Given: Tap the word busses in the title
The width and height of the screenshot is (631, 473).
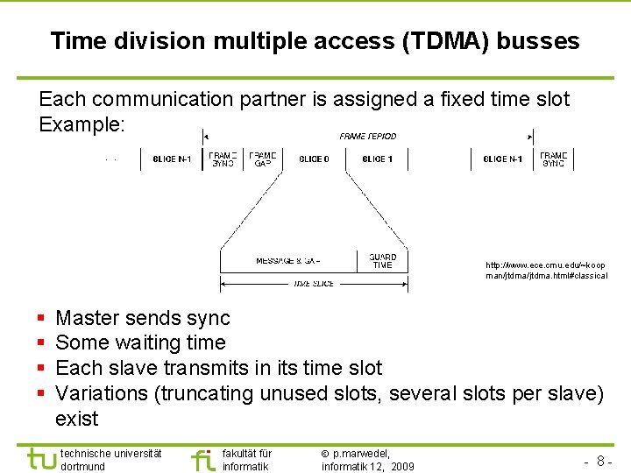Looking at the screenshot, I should coord(539,41).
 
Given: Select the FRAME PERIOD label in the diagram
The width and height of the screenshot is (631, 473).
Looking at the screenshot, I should coord(368,137).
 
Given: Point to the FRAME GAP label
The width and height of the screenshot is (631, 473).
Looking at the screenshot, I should coord(262,159).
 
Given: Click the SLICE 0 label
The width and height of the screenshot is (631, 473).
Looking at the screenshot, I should coord(314,159).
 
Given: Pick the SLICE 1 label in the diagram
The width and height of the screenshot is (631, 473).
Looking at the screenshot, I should coord(376,159).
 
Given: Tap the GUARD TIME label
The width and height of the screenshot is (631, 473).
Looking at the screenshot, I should coord(382,261).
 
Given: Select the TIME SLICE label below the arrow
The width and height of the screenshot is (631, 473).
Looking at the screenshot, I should coord(314,284).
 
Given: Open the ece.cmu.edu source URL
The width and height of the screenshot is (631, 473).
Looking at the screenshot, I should coord(546,270).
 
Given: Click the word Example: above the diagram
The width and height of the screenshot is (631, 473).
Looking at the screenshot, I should coord(82,124).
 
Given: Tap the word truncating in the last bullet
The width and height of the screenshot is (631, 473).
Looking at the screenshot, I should coord(203,393).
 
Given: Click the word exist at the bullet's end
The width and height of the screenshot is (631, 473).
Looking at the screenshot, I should coord(77,418).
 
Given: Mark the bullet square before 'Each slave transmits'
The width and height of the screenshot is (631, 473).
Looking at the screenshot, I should coord(41,368).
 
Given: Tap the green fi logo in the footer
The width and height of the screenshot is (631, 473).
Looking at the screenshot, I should coord(203,458).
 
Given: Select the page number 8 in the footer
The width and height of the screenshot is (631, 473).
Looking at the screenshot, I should coord(601,461).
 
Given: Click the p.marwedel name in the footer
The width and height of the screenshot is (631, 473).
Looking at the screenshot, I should coord(361,454).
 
